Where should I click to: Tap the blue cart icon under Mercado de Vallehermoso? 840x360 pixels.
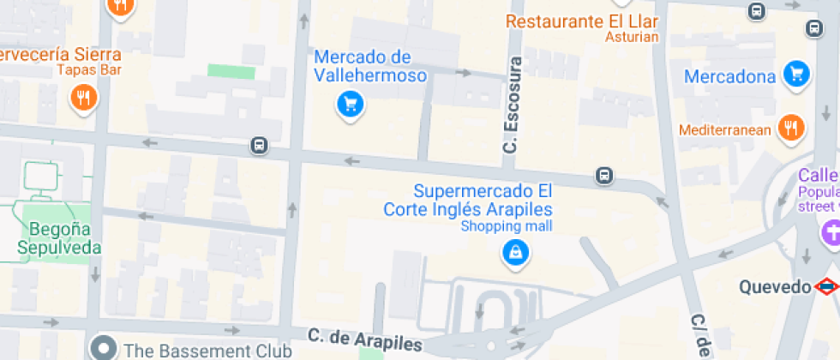(350, 105)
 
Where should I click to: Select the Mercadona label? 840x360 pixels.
(729, 77)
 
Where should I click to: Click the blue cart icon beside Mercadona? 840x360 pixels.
(797, 74)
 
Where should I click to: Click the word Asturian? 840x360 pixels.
(632, 37)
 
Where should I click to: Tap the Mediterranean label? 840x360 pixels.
(725, 130)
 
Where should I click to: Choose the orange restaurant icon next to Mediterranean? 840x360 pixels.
(790, 129)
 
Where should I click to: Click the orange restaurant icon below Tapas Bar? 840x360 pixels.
(83, 98)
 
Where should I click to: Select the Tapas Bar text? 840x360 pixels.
(89, 70)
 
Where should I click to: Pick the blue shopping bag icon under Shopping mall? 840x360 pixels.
(515, 252)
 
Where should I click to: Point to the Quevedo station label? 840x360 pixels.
(775, 286)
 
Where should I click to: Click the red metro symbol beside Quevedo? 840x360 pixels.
(826, 286)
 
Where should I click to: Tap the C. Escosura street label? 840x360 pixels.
(512, 105)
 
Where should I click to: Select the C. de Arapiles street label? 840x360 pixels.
(364, 339)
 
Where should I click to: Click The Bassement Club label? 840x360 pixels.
(207, 350)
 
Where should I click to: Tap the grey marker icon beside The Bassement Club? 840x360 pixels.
(105, 348)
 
